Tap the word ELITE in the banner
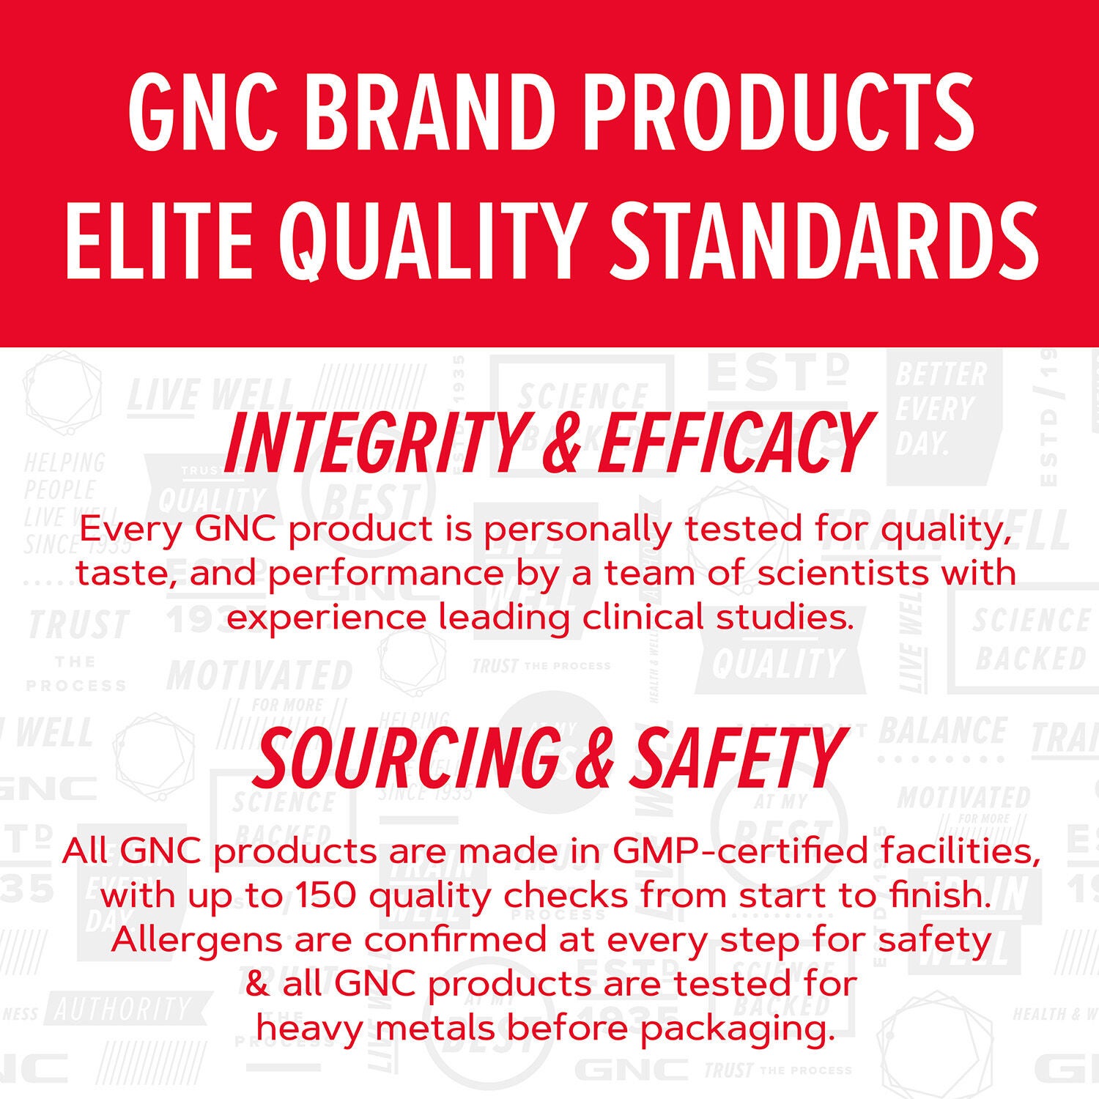pos(159,240)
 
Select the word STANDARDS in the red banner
pos(824,240)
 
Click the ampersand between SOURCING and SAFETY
pos(597,758)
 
